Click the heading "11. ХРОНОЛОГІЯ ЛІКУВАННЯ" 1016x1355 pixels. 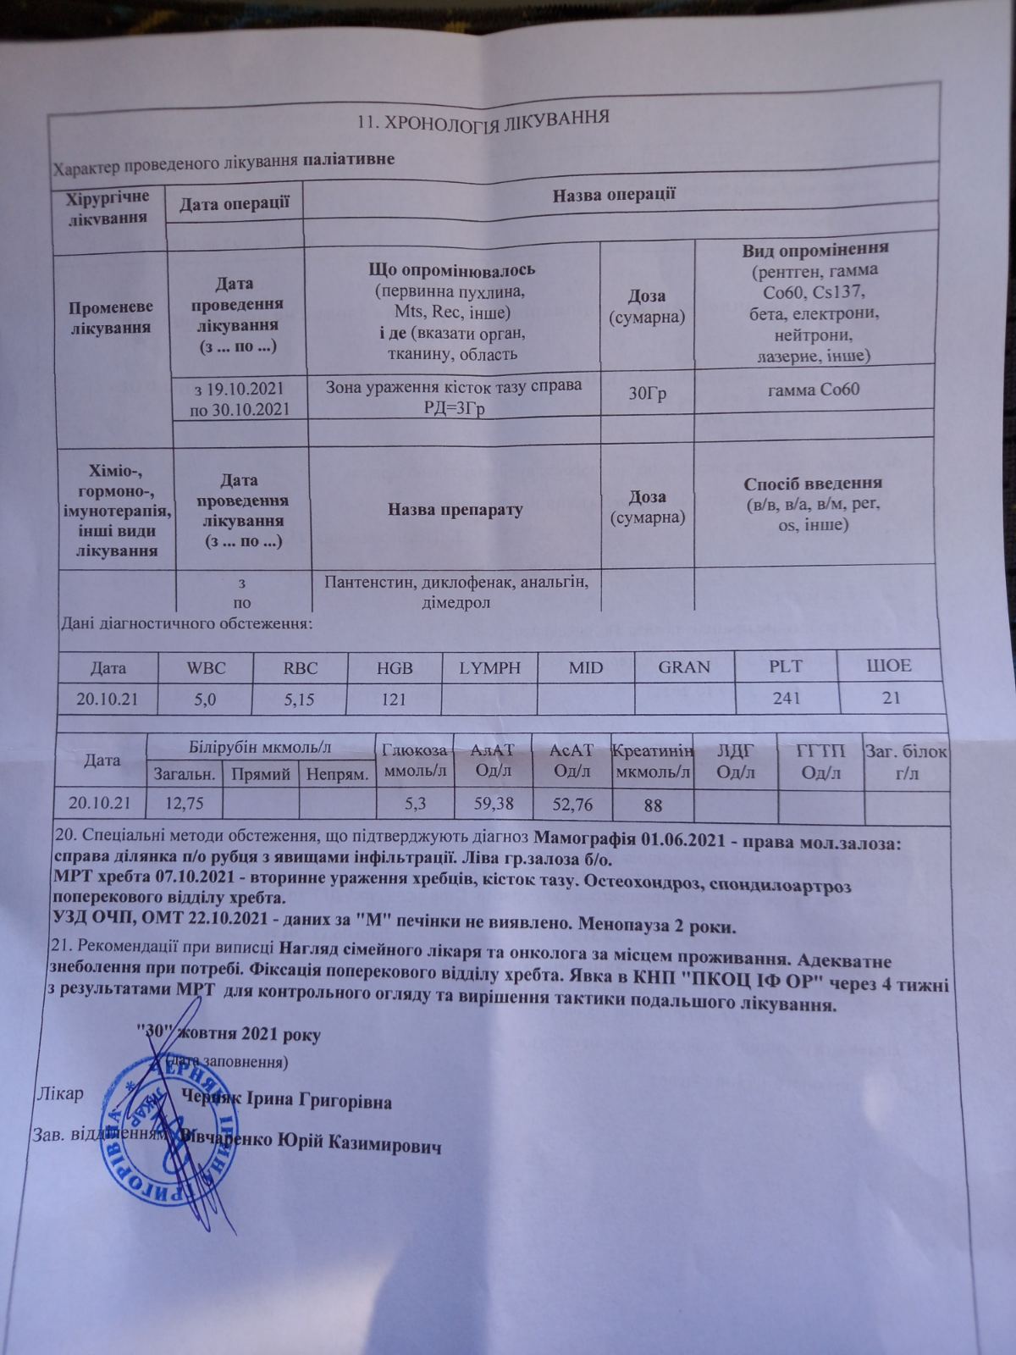483,119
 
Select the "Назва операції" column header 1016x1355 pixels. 613,194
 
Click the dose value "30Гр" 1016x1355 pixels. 648,393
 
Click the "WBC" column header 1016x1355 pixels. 206,667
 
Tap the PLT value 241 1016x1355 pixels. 786,698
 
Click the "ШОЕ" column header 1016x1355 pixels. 888,666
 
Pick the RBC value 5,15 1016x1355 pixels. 301,700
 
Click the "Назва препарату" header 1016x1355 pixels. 455,510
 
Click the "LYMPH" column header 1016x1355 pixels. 489,666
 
